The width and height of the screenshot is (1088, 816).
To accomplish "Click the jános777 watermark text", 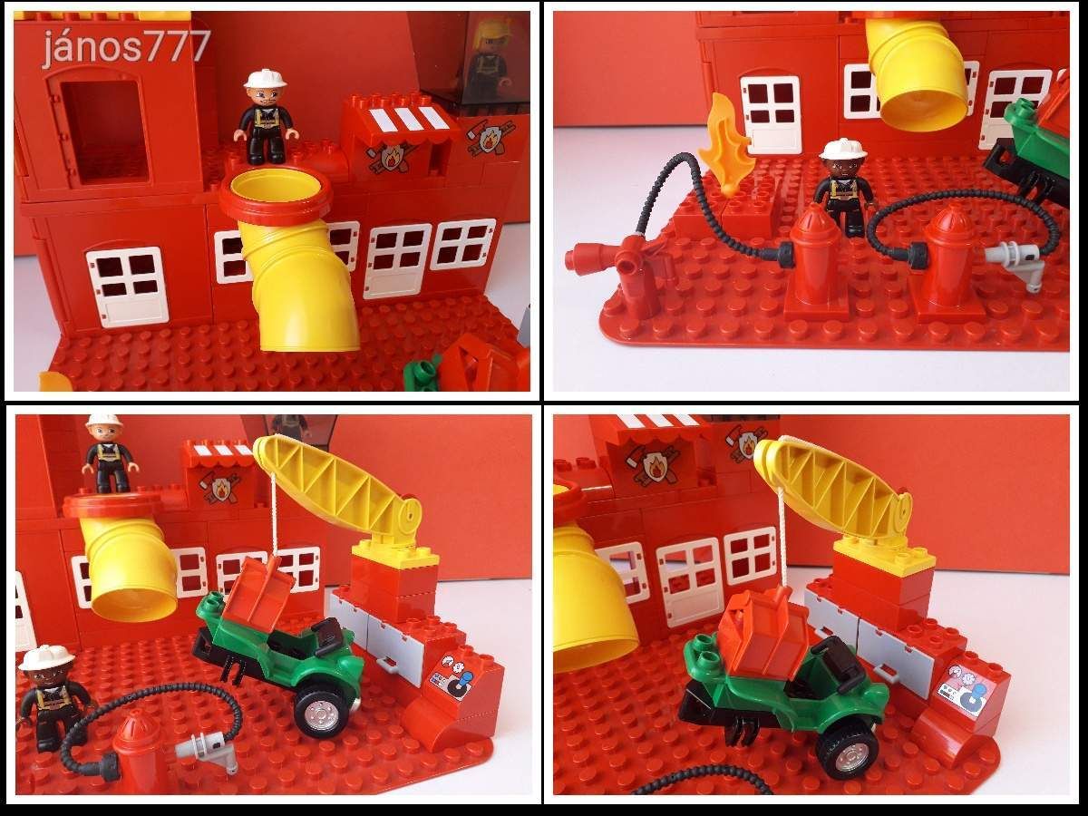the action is click(x=126, y=46).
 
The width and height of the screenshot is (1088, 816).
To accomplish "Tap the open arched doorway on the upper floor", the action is click(x=104, y=130).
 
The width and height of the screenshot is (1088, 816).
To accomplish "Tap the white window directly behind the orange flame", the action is click(x=771, y=115).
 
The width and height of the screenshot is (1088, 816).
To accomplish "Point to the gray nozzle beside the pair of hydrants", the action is click(x=1015, y=263).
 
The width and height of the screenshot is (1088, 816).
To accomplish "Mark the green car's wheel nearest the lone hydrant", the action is click(x=323, y=713).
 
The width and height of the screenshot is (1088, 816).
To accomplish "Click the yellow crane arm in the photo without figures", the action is click(x=832, y=489).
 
